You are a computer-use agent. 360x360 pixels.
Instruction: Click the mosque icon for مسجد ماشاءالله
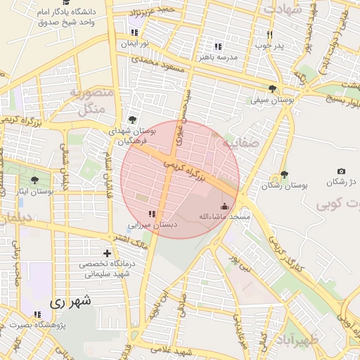click(x=225, y=206)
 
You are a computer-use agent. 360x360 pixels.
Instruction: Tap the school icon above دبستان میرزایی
click(x=152, y=214)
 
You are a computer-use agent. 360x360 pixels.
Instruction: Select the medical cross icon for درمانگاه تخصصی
click(x=107, y=253)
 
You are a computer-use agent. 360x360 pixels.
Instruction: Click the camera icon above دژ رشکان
click(x=341, y=172)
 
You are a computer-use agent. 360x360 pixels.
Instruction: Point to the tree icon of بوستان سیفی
click(x=272, y=89)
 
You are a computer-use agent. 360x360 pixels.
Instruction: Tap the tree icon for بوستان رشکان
click(x=284, y=174)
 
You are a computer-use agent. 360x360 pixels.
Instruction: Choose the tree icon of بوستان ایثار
click(x=34, y=181)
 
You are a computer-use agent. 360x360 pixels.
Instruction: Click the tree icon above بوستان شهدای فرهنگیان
click(x=133, y=120)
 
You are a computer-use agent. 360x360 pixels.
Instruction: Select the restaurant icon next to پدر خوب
click(x=269, y=34)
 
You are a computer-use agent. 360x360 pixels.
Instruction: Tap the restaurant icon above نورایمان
click(x=134, y=32)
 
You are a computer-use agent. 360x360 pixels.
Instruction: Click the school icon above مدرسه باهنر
click(x=218, y=46)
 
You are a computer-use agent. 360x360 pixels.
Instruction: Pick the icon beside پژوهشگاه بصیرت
click(x=37, y=314)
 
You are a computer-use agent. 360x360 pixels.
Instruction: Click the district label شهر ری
click(x=71, y=302)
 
